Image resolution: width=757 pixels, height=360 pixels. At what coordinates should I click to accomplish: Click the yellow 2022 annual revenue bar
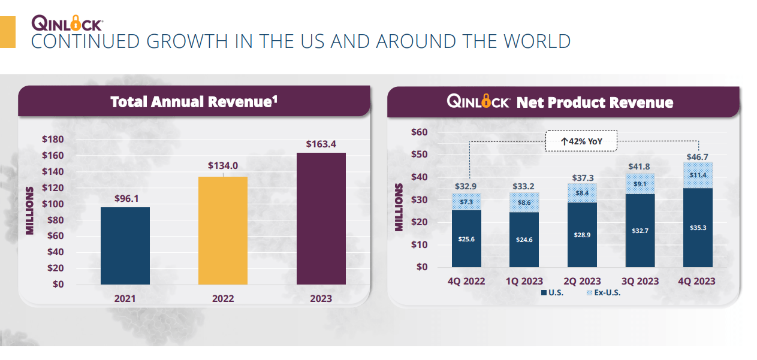pos(223,230)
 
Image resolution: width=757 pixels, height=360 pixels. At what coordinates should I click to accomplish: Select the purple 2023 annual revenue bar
pos(321,218)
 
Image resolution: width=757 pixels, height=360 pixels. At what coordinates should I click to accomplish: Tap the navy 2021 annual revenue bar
pos(125,246)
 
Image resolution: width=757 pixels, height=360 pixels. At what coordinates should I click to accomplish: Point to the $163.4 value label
pos(321,144)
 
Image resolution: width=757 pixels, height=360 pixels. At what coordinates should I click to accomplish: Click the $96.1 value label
pos(125,198)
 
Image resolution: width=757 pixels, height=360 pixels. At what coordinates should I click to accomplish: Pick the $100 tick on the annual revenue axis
pos(53,204)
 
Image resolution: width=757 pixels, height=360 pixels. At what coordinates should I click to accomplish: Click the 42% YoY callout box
pos(581,142)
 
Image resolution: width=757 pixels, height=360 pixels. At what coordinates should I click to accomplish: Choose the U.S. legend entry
pos(552,293)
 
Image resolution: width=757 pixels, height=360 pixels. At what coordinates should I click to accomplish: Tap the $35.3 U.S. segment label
pos(698,228)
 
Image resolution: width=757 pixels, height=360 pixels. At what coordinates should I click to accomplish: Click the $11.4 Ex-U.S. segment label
pos(698,175)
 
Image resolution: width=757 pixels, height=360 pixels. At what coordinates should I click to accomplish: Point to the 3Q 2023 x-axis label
pos(640,281)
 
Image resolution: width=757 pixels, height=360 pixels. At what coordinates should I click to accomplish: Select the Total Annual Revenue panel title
pos(194,102)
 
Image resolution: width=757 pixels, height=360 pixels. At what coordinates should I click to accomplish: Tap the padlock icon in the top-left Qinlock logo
pos(76,23)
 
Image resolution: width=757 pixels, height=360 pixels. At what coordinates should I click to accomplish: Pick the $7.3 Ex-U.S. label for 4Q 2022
pos(466,202)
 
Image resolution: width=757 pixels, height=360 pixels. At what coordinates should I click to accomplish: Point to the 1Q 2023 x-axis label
pos(524,281)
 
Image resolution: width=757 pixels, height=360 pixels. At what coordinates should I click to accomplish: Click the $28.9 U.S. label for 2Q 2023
pos(582,235)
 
